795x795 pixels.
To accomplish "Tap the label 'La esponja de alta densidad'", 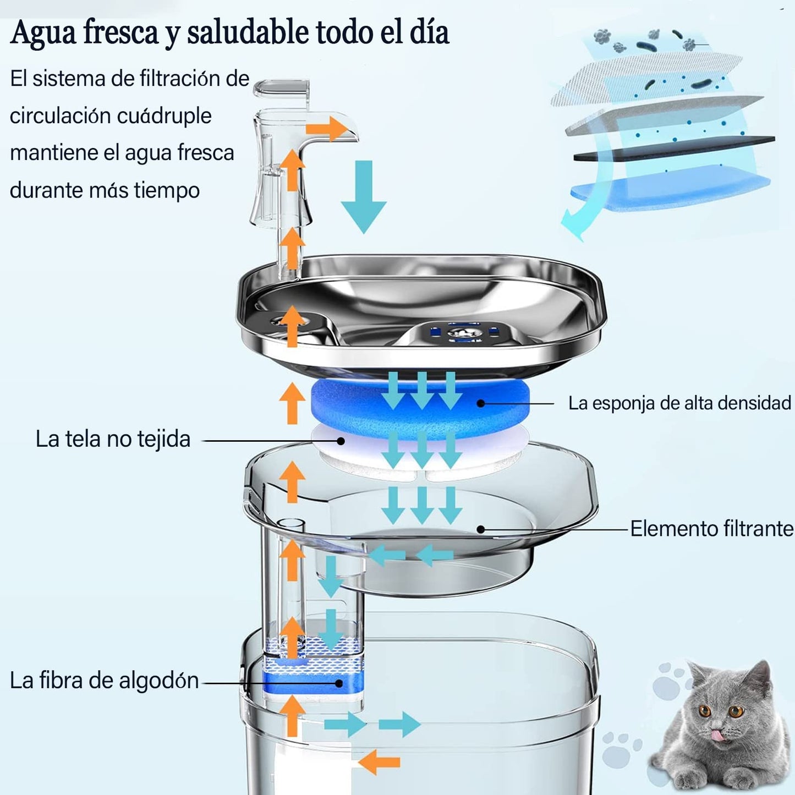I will pyautogui.click(x=679, y=403).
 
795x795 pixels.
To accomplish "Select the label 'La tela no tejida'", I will pyautogui.click(x=113, y=439).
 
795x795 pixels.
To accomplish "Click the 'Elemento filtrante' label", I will pyautogui.click(x=711, y=529).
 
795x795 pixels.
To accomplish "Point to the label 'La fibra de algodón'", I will pyautogui.click(x=105, y=681).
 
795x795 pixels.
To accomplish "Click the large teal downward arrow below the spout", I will pyautogui.click(x=364, y=195).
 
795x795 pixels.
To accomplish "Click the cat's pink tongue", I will pyautogui.click(x=716, y=734).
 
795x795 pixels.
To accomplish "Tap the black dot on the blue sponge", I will pyautogui.click(x=480, y=403).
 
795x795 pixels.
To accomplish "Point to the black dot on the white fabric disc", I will pyautogui.click(x=341, y=441).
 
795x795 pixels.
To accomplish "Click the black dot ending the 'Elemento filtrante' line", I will pyautogui.click(x=480, y=529).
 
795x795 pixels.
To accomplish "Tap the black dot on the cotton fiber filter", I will pyautogui.click(x=339, y=683).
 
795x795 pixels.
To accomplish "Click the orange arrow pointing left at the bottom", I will pyautogui.click(x=379, y=762).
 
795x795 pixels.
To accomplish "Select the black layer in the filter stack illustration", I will pyautogui.click(x=674, y=149).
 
